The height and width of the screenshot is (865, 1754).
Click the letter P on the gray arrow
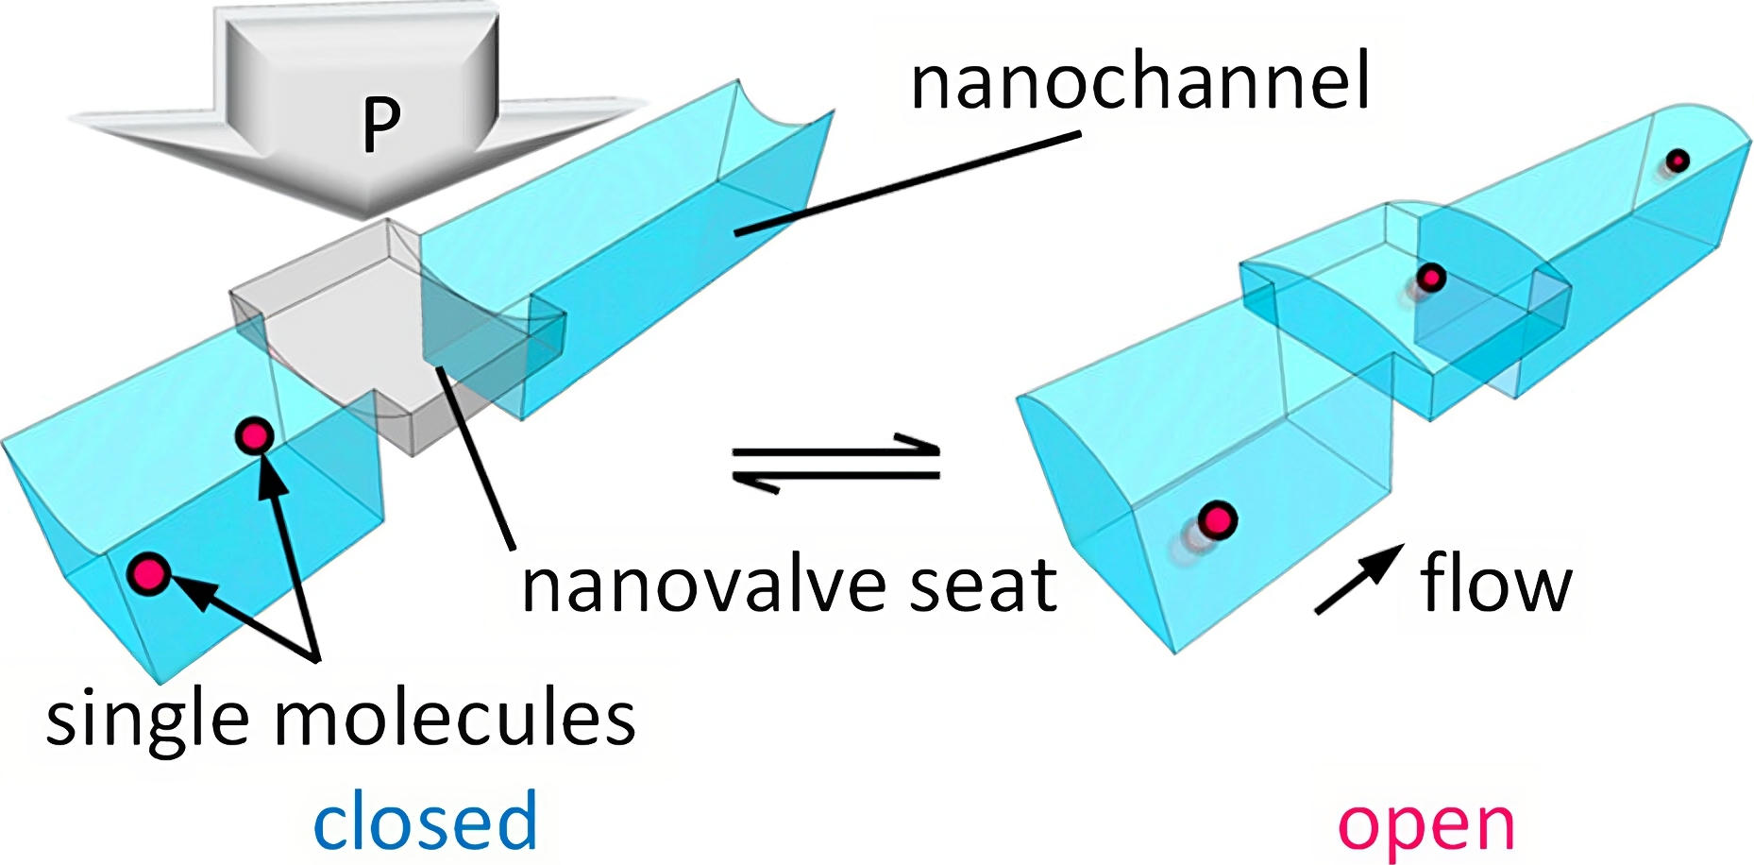(x=381, y=124)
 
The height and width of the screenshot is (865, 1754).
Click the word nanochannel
(x=1139, y=83)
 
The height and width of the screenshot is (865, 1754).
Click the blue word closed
(x=425, y=822)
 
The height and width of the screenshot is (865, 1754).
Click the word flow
(x=1495, y=584)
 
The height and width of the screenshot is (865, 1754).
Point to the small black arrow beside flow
(x=1357, y=580)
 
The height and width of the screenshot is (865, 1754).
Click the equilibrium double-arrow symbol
(x=835, y=462)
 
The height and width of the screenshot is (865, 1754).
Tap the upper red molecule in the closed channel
(x=255, y=435)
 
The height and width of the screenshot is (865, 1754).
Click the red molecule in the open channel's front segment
(x=1217, y=519)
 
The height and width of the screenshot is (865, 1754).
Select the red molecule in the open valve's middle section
(x=1431, y=278)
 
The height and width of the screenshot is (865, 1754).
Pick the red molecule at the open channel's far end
(x=1677, y=161)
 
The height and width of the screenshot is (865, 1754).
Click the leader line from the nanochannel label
(x=906, y=183)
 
